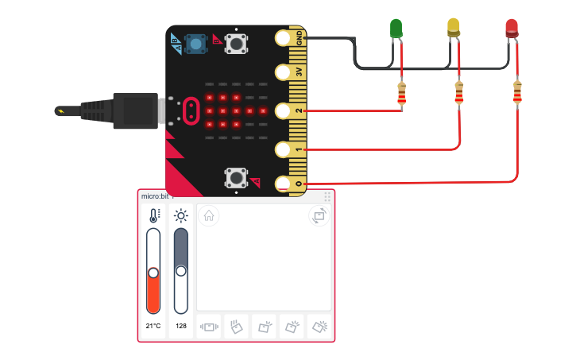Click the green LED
pos(396,29)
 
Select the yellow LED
pos(454,28)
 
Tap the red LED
pos(512,29)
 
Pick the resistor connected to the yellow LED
pos(458,92)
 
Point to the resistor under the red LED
pos(518,92)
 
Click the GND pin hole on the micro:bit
pos(283,37)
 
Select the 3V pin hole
pos(283,72)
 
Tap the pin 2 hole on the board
pos(283,110)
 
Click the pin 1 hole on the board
pos(283,149)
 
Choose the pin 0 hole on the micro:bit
pos(283,184)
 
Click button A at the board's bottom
pos(234,176)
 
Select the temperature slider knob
pos(153,273)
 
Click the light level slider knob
pos(181,271)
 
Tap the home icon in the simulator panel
pos(208,215)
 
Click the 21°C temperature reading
pos(153,326)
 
